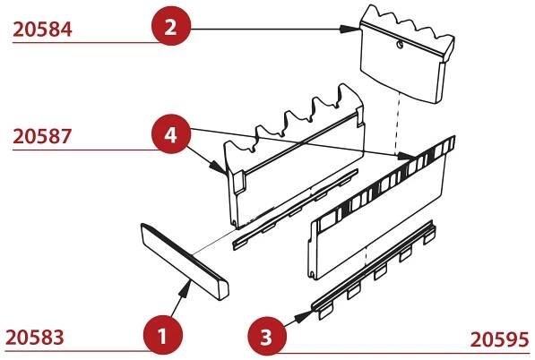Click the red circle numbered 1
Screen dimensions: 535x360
pyautogui.click(x=163, y=336)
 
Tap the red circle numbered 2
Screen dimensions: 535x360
pyautogui.click(x=171, y=26)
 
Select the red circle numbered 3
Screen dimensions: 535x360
pyautogui.click(x=267, y=337)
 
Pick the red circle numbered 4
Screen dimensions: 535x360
pyautogui.click(x=171, y=134)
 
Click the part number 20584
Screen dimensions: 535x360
pyautogui.click(x=43, y=30)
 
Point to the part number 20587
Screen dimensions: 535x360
pyautogui.click(x=42, y=136)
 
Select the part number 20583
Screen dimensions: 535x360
pyautogui.click(x=35, y=338)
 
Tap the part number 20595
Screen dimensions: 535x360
pyautogui.click(x=499, y=339)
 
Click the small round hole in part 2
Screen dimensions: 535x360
pyautogui.click(x=400, y=44)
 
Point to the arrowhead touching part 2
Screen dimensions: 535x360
pyautogui.click(x=349, y=29)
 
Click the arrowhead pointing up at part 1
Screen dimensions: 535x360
pyautogui.click(x=185, y=287)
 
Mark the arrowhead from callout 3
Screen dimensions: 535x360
pyautogui.click(x=303, y=316)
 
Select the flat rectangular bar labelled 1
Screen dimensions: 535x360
pyautogui.click(x=185, y=261)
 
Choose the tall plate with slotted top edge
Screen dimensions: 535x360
pyautogui.click(x=382, y=208)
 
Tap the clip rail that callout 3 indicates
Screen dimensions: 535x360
pyautogui.click(x=375, y=270)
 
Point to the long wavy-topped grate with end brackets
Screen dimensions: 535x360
pyautogui.click(x=295, y=156)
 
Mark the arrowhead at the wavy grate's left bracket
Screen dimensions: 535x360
pyautogui.click(x=218, y=167)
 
